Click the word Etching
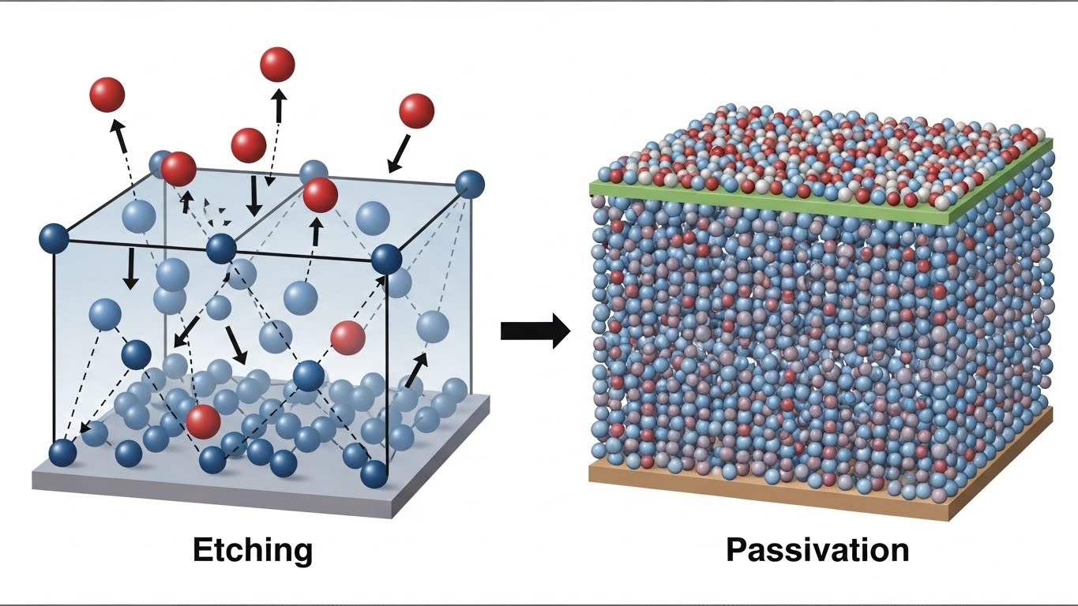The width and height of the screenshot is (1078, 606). point(253,550)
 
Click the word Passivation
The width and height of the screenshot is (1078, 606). point(817,550)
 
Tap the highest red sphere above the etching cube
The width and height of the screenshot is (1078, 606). point(277,64)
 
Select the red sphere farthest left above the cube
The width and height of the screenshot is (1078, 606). point(107,95)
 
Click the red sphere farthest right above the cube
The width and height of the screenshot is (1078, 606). point(416,110)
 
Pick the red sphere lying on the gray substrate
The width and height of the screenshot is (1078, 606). point(203,421)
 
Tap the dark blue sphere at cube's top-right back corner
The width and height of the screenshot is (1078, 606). point(470,185)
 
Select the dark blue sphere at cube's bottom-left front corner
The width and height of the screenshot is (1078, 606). point(62,453)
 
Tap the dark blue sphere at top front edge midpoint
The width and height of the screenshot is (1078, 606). point(221,249)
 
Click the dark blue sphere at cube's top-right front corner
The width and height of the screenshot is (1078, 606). point(386,258)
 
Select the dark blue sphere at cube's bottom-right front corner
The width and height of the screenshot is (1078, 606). point(374,474)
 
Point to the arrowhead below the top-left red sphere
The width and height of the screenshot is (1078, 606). point(117,127)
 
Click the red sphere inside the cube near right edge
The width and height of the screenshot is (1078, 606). point(347,338)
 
